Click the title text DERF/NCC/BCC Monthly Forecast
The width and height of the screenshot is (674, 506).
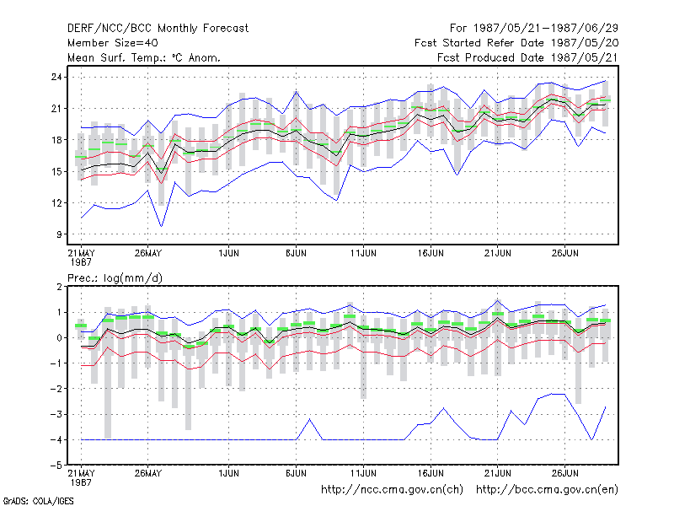[x=158, y=29]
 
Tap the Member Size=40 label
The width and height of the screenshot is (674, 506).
[x=113, y=43]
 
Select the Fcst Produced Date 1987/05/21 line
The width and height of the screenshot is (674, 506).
[x=527, y=57]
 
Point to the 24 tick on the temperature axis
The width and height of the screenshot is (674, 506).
[x=56, y=77]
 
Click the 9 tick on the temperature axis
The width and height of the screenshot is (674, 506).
[x=59, y=234]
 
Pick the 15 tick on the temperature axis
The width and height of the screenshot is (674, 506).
[x=56, y=172]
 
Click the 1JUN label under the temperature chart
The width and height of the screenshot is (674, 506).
[x=228, y=253]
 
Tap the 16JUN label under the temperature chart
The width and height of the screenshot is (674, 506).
[x=431, y=253]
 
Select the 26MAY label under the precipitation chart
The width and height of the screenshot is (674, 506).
[x=148, y=473]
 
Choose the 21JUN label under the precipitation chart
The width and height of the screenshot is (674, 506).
[x=498, y=473]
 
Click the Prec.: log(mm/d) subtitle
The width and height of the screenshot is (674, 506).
[x=115, y=278]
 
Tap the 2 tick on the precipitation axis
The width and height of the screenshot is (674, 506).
[x=59, y=287]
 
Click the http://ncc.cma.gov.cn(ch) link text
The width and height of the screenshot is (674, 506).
[x=392, y=490]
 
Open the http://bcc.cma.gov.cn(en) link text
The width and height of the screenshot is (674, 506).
[x=547, y=490]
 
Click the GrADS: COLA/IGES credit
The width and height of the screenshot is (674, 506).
[x=38, y=501]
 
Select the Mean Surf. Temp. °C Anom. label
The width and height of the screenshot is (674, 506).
[x=144, y=57]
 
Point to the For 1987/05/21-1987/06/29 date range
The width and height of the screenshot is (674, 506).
[x=534, y=29]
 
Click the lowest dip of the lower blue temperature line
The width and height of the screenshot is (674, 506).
[x=161, y=226]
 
